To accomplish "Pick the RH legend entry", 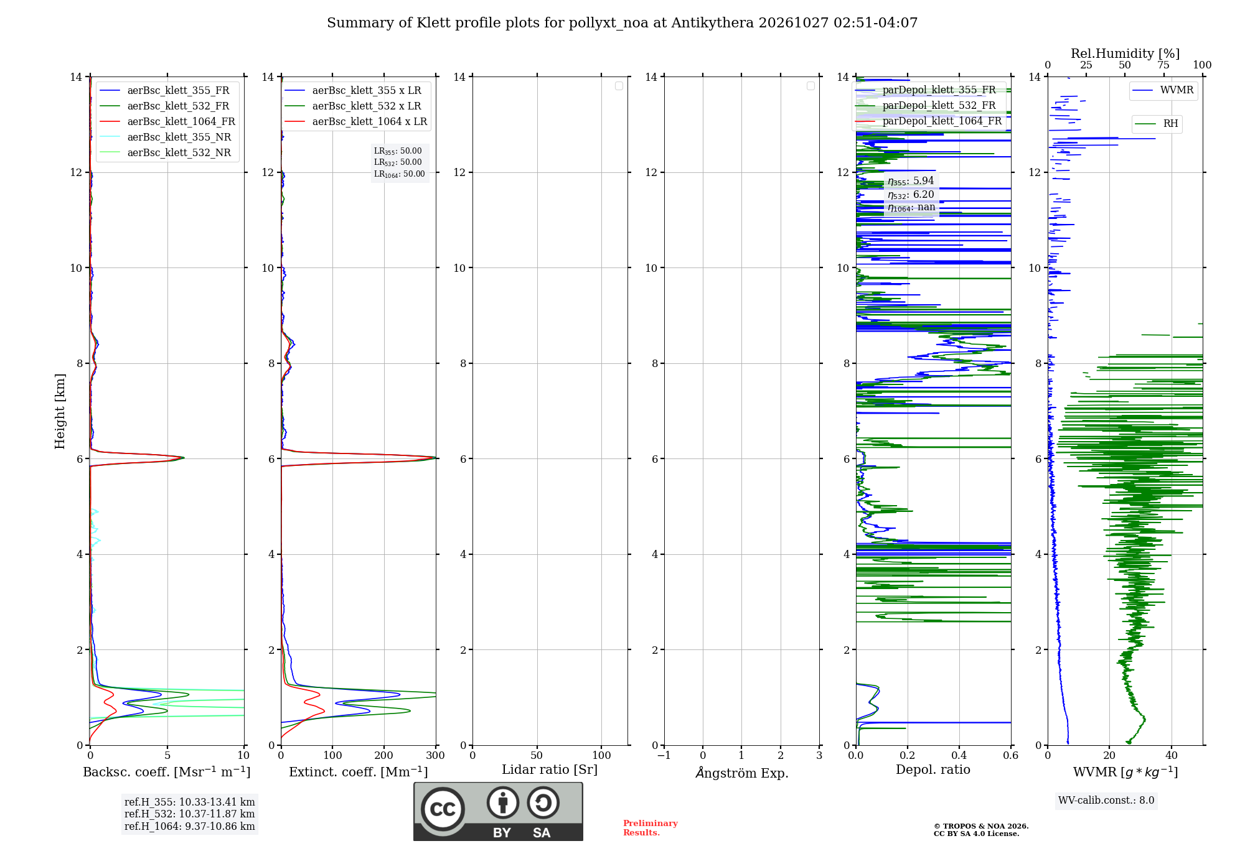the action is coord(1157,124).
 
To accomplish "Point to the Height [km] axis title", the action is coord(60,411).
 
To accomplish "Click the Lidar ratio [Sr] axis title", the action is coord(550,769).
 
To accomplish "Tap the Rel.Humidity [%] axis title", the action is coord(1125,53).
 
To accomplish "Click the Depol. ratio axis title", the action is coord(933,769).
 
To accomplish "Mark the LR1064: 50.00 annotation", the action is coord(400,174).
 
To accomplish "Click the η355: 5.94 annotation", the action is coord(911,181).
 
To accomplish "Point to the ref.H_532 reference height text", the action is coord(189,814).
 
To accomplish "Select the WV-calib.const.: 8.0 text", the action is coord(1106,801).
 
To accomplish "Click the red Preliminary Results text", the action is coord(651,828).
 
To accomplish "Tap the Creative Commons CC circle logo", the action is coord(443,809).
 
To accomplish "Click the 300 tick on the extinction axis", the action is coord(436,755).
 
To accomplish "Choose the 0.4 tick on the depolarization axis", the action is coord(959,755).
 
